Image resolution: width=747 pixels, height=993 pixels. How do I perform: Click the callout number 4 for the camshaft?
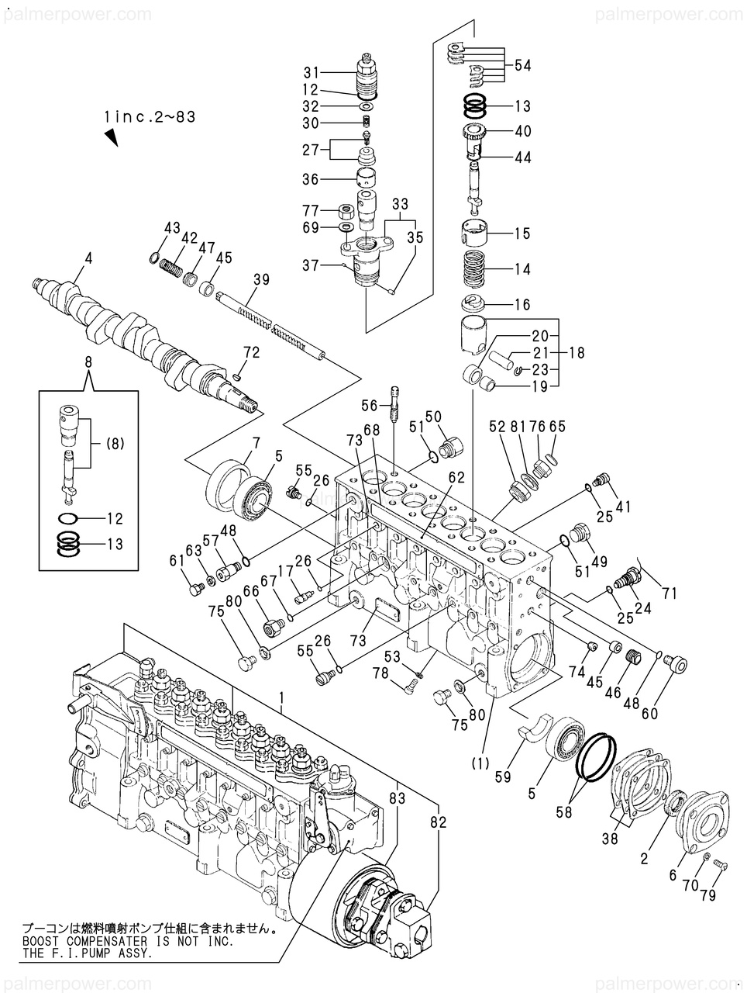pos(88,258)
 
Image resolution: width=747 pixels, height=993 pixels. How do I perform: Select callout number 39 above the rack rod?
pos(261,279)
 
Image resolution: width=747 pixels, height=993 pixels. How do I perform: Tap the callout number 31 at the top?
pos(311,73)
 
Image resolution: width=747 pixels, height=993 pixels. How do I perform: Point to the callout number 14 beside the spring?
pos(522,269)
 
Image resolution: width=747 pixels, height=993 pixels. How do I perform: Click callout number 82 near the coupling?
pos(439,822)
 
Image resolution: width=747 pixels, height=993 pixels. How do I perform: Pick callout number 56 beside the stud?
pos(369,405)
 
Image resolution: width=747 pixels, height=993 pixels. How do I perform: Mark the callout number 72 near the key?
pos(251,352)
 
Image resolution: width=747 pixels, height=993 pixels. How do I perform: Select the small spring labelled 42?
pos(171,268)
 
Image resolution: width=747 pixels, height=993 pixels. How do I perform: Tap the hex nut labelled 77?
pos(346,211)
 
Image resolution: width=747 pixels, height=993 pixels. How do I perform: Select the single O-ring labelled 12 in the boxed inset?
pos(71,517)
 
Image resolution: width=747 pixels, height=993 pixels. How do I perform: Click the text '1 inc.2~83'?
pos(150,117)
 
